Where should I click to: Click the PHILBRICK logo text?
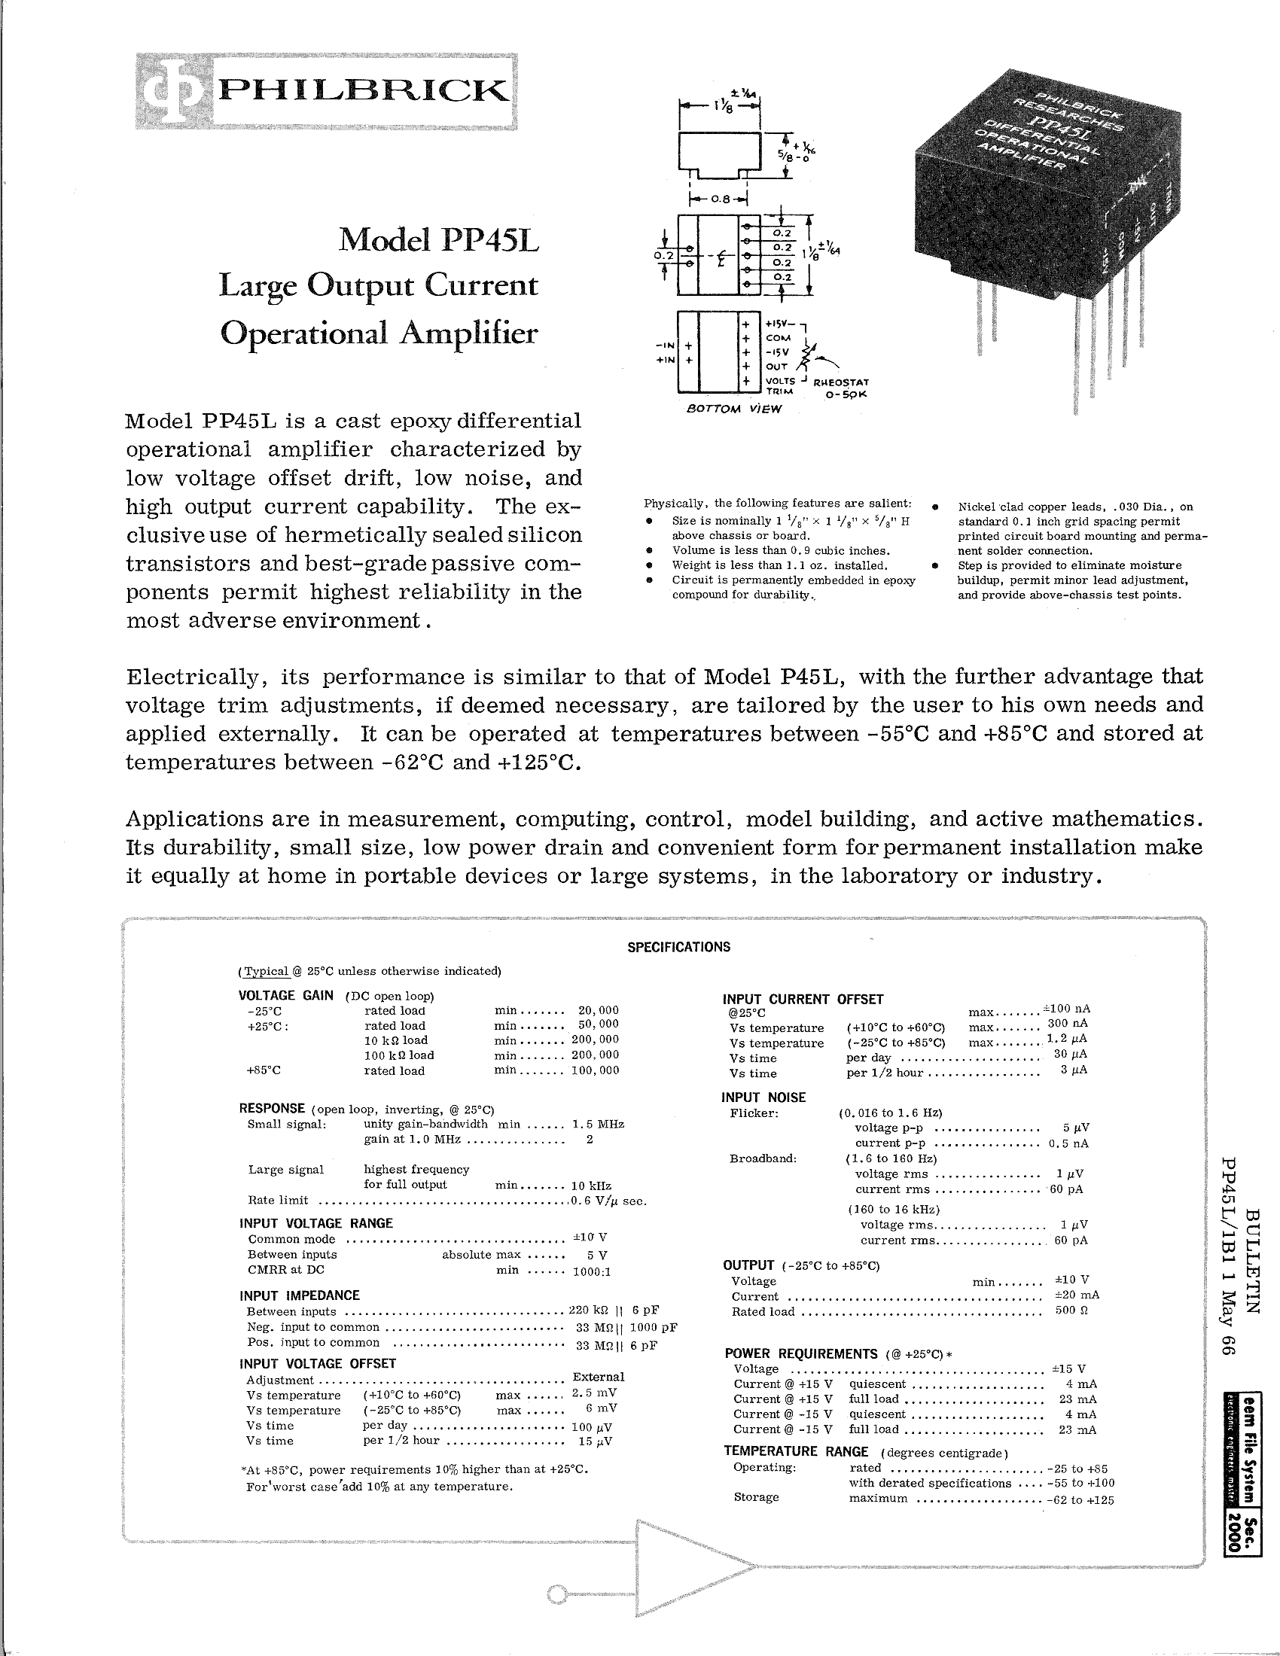361,92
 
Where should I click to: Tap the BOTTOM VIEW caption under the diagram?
733,409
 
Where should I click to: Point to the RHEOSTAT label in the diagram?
840,382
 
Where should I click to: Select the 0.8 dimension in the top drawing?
719,199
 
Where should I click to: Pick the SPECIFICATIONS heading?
678,946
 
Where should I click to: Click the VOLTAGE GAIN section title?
286,996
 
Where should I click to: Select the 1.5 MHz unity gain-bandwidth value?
599,1124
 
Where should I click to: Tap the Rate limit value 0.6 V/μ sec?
609,1201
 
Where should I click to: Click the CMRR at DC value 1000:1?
593,1271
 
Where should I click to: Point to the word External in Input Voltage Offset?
599,1376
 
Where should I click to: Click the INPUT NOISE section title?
763,1097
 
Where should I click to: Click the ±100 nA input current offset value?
1067,1009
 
